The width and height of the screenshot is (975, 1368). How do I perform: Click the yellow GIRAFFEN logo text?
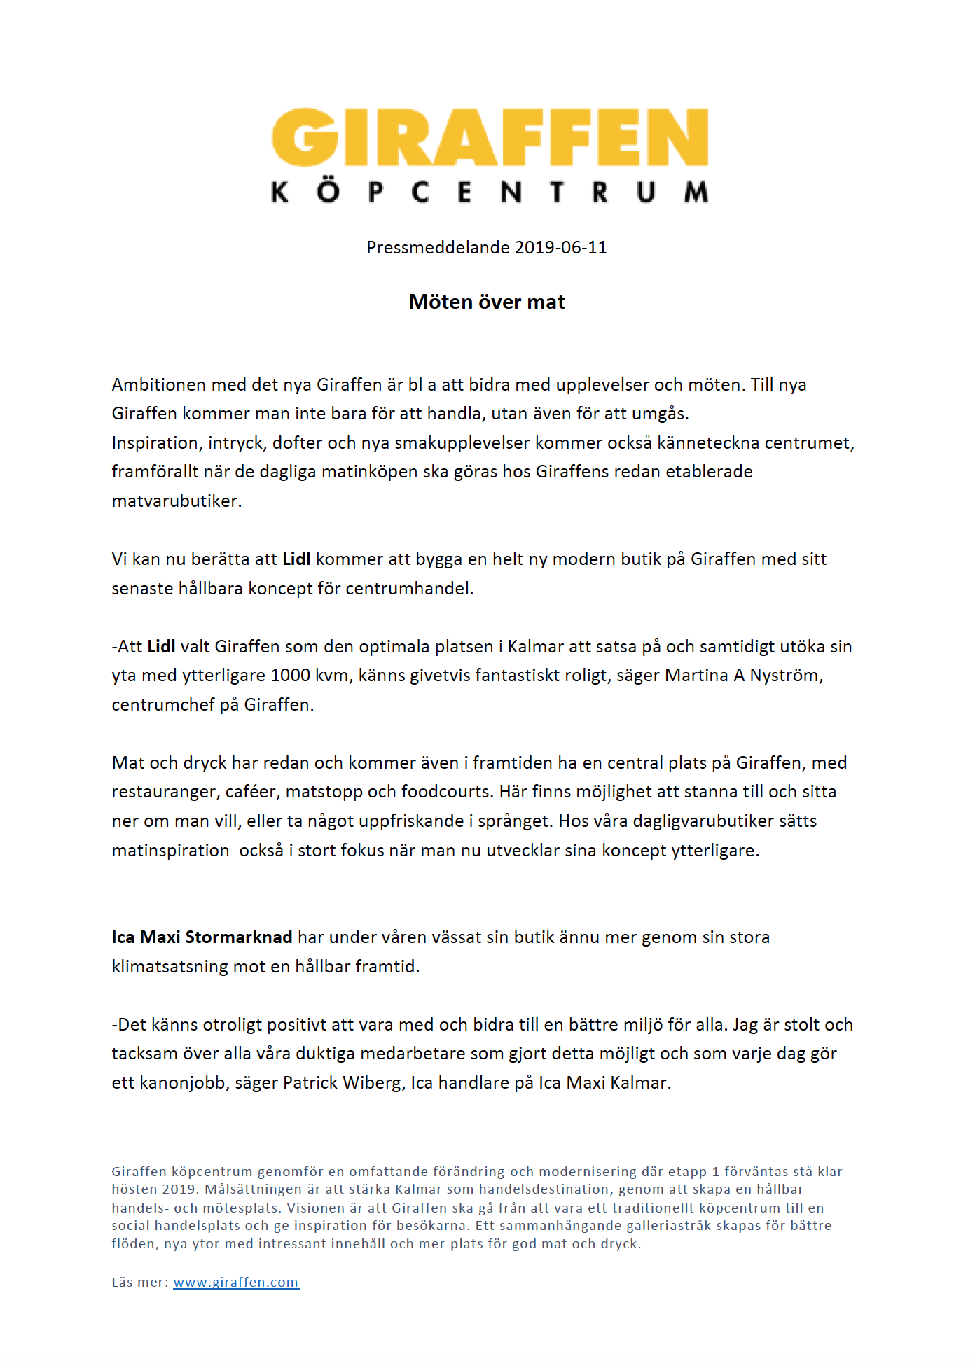490,137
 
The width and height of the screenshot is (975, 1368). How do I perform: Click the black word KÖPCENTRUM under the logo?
490,192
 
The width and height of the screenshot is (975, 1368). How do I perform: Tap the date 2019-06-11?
560,248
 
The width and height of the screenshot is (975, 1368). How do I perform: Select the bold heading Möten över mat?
487,302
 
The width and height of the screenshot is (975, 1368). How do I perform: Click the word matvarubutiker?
176,501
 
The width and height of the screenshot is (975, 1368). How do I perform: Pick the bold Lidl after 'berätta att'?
296,559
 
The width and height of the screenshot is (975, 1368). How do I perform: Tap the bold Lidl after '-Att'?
161,647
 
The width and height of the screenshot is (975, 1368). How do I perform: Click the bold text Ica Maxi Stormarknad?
202,937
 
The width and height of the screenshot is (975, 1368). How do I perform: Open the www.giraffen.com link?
236,1283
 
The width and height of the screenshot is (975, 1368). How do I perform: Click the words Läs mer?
139,1283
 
